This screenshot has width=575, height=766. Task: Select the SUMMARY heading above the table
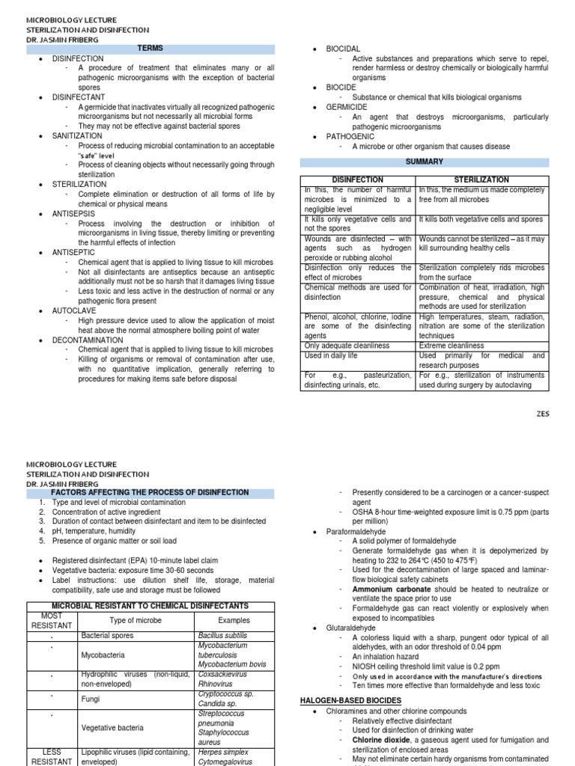tap(425, 162)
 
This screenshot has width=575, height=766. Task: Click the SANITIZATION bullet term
tap(77, 136)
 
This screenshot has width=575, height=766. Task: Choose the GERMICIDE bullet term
tap(347, 107)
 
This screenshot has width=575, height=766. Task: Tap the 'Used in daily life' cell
tap(337, 356)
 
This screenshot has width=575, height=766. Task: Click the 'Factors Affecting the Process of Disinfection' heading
tap(149, 492)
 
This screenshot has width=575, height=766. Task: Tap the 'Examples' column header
tap(234, 620)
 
